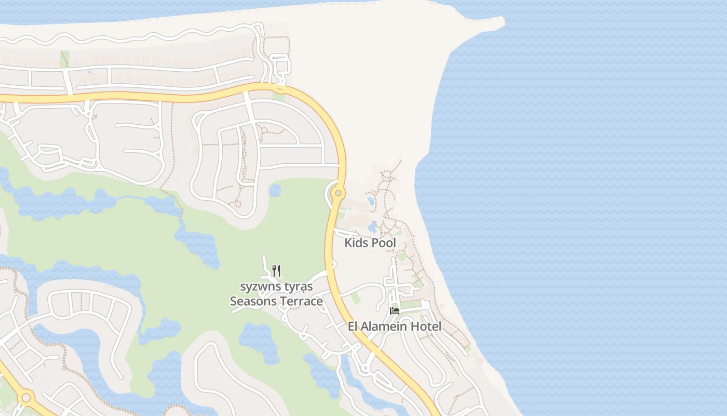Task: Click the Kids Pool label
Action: pyautogui.click(x=370, y=243)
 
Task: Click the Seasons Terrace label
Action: pyautogui.click(x=276, y=301)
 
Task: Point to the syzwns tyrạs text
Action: pyautogui.click(x=276, y=287)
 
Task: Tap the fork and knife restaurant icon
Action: pyautogui.click(x=276, y=270)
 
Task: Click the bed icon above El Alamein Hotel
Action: pyautogui.click(x=395, y=311)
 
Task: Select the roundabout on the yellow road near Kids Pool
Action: pyautogui.click(x=338, y=193)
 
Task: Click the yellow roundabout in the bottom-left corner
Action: pyautogui.click(x=25, y=398)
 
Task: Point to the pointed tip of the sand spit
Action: pyautogui.click(x=502, y=20)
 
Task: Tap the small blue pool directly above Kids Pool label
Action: pyautogui.click(x=372, y=227)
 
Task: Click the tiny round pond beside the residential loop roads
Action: pyautogui.click(x=275, y=190)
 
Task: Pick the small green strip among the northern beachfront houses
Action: pyautogui.click(x=64, y=59)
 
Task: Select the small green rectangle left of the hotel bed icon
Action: pyautogui.click(x=356, y=298)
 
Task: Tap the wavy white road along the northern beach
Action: pyautogui.click(x=130, y=37)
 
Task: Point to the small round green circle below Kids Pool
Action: pyautogui.click(x=401, y=256)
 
